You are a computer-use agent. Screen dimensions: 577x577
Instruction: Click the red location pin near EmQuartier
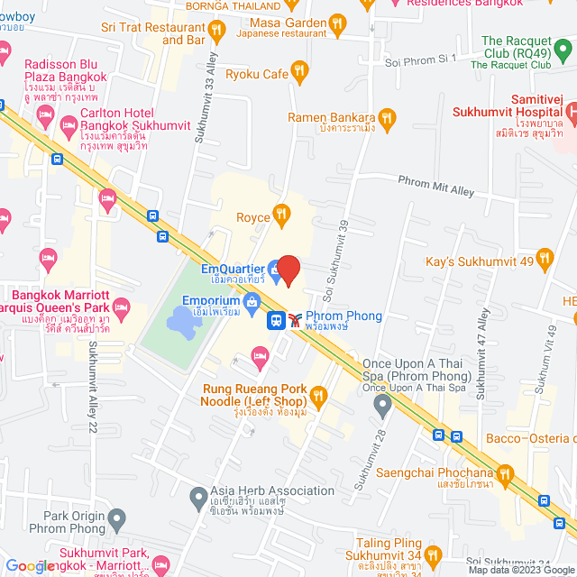pyautogui.click(x=288, y=270)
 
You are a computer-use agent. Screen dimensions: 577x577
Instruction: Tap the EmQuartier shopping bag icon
pyautogui.click(x=273, y=269)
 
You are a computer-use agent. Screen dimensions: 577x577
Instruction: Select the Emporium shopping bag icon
pyautogui.click(x=252, y=300)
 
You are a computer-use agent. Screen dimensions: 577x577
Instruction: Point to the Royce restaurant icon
pyautogui.click(x=281, y=214)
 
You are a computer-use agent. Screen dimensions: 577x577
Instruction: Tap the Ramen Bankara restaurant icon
pyautogui.click(x=387, y=117)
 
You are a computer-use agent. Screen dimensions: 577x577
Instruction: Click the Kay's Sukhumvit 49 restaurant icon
pyautogui.click(x=544, y=262)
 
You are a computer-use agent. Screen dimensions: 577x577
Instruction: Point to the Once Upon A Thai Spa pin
pyautogui.click(x=383, y=406)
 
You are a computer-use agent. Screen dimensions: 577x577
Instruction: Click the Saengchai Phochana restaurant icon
pyautogui.click(x=505, y=473)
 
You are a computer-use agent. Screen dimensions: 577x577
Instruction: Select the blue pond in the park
pyautogui.click(x=179, y=318)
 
